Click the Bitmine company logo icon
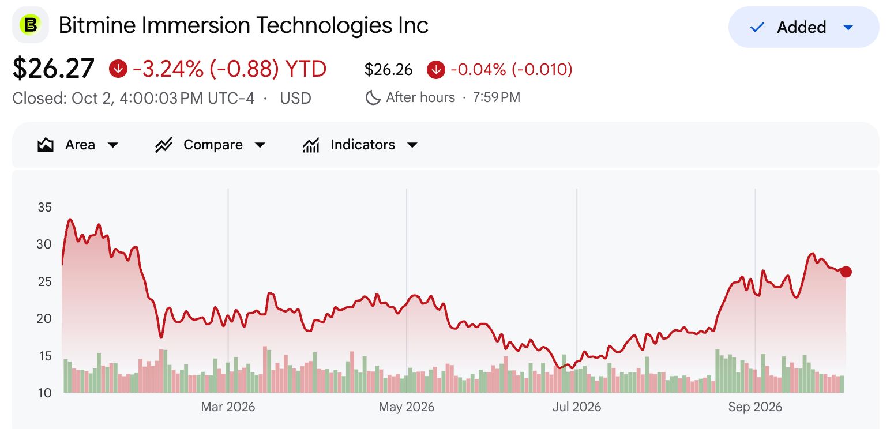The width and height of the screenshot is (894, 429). click(x=31, y=25)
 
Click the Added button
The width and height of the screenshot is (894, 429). click(x=803, y=27)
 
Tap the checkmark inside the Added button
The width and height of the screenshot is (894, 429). click(x=757, y=28)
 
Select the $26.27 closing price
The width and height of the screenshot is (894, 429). click(x=54, y=69)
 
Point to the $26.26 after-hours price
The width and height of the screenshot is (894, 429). click(x=388, y=69)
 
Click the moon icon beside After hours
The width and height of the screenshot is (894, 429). click(x=373, y=97)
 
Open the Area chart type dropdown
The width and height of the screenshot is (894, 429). click(x=78, y=145)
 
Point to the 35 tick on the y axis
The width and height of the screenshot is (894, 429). click(x=45, y=207)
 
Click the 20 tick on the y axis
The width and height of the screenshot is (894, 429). click(x=44, y=318)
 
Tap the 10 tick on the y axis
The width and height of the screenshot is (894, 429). click(x=45, y=393)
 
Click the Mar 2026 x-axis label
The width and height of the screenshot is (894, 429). click(x=228, y=407)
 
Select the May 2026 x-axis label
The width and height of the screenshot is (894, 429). click(x=406, y=407)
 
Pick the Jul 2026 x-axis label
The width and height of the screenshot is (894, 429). click(x=577, y=407)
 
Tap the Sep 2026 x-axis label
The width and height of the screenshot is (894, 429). click(x=755, y=407)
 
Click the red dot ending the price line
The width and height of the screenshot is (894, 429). click(x=846, y=272)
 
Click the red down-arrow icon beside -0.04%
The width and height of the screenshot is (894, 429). click(x=436, y=69)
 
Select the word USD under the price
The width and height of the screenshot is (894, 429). click(x=295, y=98)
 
